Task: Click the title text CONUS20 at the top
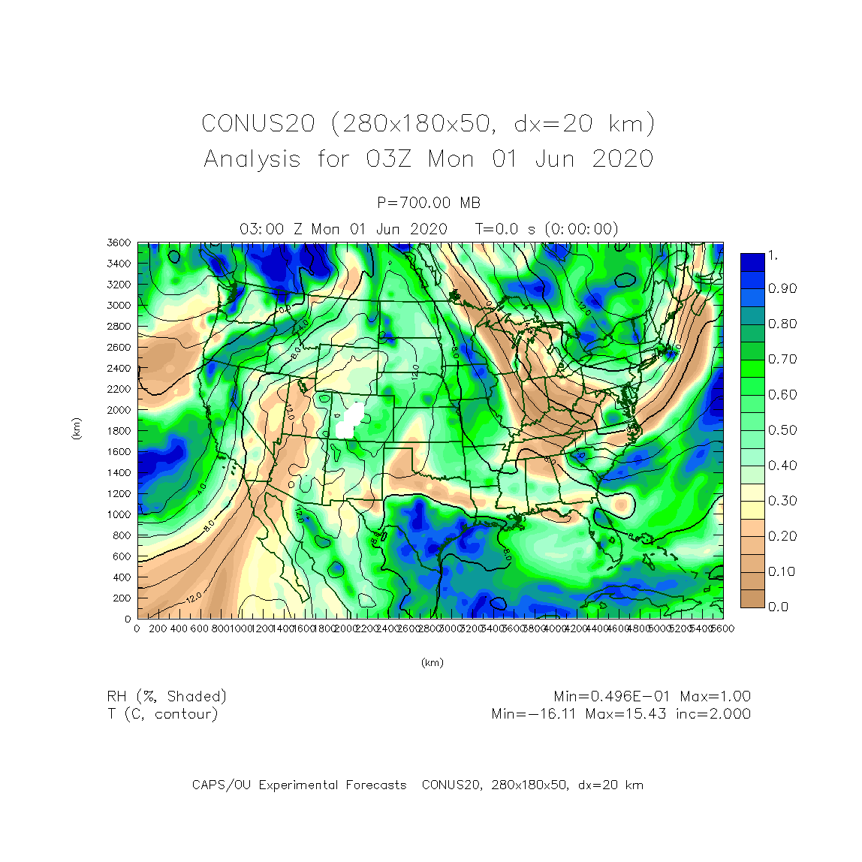coord(258,124)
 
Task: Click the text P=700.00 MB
coord(429,203)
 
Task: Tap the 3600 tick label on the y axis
coord(119,243)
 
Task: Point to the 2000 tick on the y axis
coord(119,410)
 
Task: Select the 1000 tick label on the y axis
coord(119,514)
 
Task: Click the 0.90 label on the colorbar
coord(782,288)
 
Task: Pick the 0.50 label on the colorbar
coord(782,430)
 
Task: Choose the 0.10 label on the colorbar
coord(782,571)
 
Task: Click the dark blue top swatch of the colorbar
coord(752,262)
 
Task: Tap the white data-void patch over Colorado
coord(349,420)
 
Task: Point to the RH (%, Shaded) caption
coord(167,697)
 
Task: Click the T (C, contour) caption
coord(162,714)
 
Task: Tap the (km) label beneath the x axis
coord(432,662)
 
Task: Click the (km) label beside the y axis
coord(76,429)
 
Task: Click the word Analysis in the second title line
coord(252,159)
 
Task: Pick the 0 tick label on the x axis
coord(137,628)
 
